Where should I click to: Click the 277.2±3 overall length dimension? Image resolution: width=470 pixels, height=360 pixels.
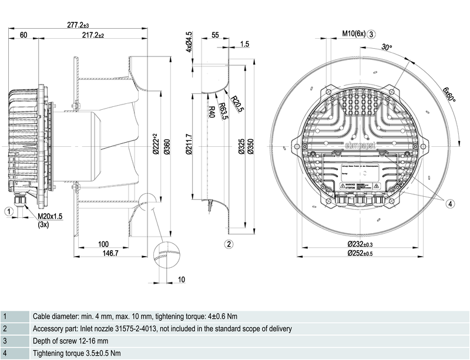tap(78, 25)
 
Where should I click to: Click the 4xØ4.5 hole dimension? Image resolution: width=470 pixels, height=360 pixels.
tap(189, 42)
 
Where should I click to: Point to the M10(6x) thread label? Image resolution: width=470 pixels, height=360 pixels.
tap(354, 33)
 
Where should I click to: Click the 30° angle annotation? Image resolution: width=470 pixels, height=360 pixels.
tap(386, 46)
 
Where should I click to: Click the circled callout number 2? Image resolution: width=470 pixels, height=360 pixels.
tap(230, 244)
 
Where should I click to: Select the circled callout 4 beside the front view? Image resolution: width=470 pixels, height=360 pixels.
tap(449, 204)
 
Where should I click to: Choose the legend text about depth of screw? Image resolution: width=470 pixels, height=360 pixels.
tap(70, 341)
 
